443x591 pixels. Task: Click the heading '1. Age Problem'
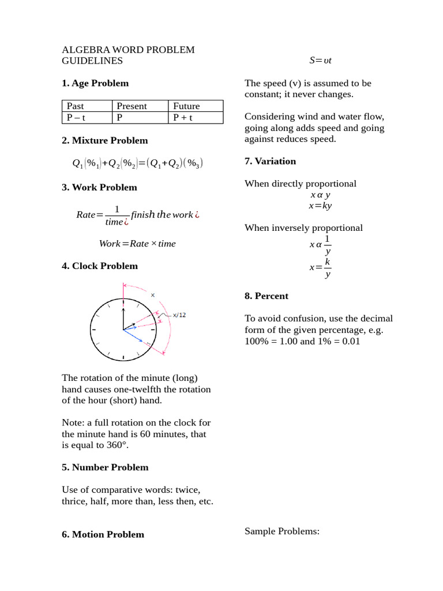click(x=95, y=83)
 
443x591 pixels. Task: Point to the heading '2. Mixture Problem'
click(x=104, y=140)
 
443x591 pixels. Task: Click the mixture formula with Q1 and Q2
click(x=137, y=163)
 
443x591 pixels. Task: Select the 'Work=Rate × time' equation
click(x=137, y=244)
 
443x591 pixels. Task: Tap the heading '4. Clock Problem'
click(x=100, y=266)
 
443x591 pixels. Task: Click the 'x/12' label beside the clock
click(x=179, y=315)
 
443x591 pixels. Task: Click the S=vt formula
click(x=320, y=61)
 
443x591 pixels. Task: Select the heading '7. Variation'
click(x=270, y=161)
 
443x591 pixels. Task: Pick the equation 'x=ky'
click(x=320, y=205)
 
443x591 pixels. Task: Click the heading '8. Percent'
click(x=266, y=296)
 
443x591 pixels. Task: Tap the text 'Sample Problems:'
click(x=281, y=531)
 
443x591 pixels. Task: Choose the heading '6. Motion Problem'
click(x=103, y=534)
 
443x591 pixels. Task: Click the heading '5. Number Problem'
click(x=105, y=467)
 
